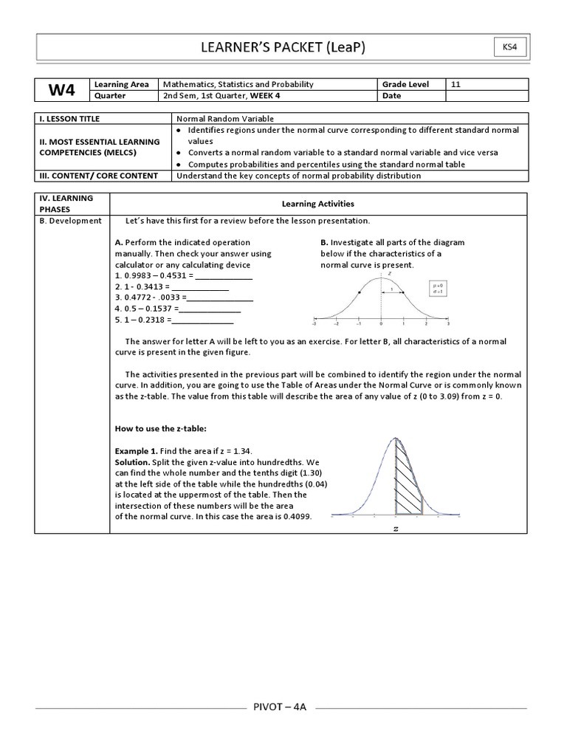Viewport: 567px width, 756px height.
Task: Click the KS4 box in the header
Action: click(x=510, y=48)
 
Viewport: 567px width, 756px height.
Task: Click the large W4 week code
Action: click(x=62, y=90)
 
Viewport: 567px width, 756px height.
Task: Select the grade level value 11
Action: click(x=456, y=84)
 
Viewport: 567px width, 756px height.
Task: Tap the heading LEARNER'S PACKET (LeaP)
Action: click(x=283, y=48)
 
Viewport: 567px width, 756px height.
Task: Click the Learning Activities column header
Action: click(x=317, y=203)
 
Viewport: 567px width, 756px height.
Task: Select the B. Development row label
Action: click(x=72, y=221)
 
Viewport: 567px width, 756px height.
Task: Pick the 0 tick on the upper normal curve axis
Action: click(x=381, y=324)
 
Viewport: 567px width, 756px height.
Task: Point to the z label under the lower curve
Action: click(x=396, y=529)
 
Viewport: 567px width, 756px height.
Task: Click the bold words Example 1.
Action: click(x=137, y=450)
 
